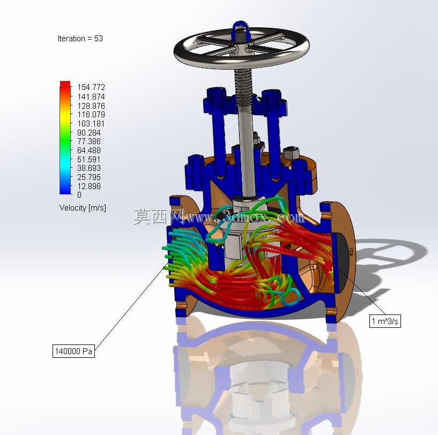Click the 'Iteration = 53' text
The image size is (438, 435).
[x=80, y=39]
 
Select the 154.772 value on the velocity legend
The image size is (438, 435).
[x=91, y=87]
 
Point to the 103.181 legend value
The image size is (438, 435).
[x=91, y=123]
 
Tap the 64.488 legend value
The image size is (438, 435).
[x=89, y=150]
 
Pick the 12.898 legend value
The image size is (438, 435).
[x=89, y=186]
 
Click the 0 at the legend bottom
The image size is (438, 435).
[x=79, y=194]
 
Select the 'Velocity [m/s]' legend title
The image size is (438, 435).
[x=83, y=208]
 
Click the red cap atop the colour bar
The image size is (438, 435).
[x=65, y=84]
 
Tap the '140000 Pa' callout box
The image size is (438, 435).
[x=74, y=351]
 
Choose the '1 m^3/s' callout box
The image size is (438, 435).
[x=385, y=321]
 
